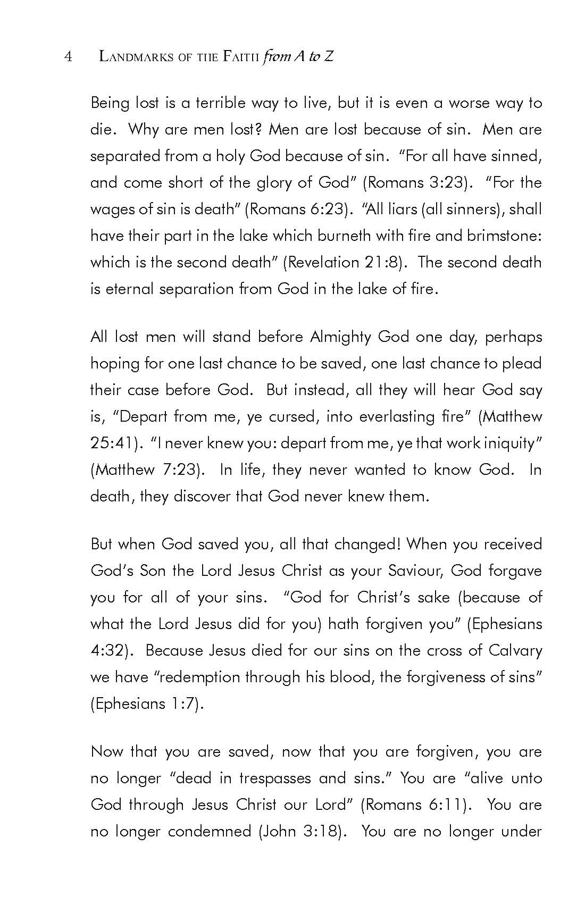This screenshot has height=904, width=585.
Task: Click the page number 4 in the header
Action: click(x=68, y=56)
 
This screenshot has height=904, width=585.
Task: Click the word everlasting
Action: click(x=397, y=417)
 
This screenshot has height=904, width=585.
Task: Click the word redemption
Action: click(x=202, y=677)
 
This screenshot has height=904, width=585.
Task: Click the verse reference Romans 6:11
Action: click(x=416, y=805)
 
